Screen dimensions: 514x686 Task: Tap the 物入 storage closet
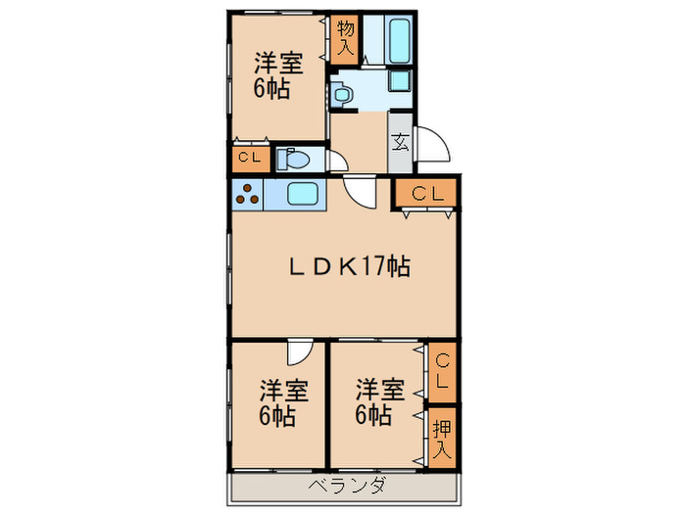(344, 40)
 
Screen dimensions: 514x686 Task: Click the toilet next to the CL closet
(295, 158)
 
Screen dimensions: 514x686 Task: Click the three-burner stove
(246, 194)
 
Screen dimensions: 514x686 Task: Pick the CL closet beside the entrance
(425, 194)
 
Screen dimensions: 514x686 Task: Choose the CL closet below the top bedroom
(247, 157)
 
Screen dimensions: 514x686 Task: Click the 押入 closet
(443, 432)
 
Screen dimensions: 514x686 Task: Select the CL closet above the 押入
(443, 373)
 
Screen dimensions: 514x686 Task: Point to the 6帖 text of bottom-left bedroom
(278, 415)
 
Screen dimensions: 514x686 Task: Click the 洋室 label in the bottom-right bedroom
(378, 389)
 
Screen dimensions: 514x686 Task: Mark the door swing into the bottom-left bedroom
(300, 352)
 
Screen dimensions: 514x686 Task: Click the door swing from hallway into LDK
(361, 191)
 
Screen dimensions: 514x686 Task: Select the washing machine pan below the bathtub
(401, 82)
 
